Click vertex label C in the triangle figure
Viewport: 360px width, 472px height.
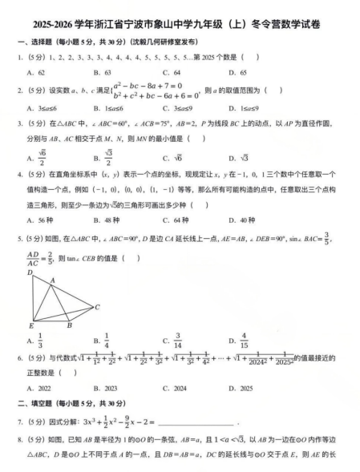click(98, 307)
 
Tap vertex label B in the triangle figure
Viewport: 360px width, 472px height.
click(69, 326)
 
